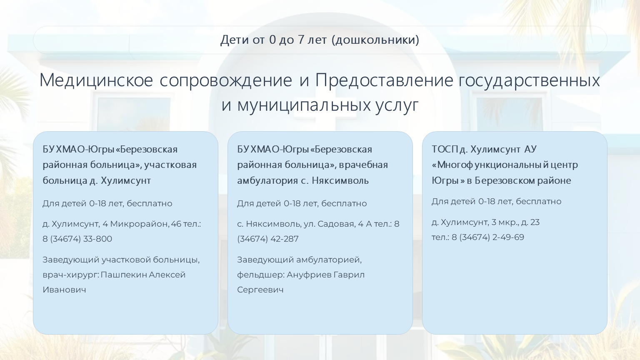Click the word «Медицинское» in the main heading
(x=96, y=80)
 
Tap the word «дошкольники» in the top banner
(x=375, y=40)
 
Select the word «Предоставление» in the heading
(x=384, y=80)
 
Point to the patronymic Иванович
(x=64, y=290)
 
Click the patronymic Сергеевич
(x=260, y=290)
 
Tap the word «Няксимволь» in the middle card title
(x=340, y=180)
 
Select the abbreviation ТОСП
(x=445, y=149)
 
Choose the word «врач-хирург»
(x=70, y=275)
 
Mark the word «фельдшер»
(x=260, y=275)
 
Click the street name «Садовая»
(x=336, y=224)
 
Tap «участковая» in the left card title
(x=170, y=165)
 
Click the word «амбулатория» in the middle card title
(x=268, y=180)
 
